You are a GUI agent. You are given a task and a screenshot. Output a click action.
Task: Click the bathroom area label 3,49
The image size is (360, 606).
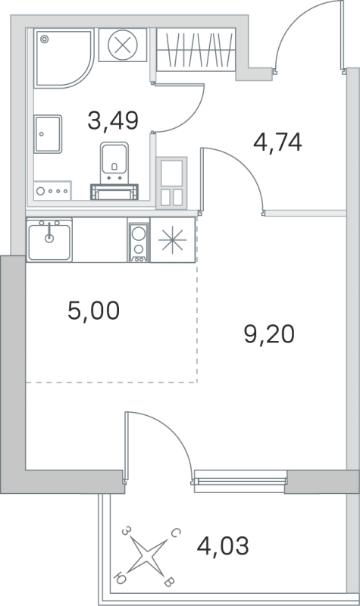[x=116, y=120]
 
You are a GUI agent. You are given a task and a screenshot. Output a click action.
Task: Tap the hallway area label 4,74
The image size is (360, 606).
[x=277, y=142]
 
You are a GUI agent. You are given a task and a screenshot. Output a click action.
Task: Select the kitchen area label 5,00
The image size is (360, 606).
[x=93, y=311]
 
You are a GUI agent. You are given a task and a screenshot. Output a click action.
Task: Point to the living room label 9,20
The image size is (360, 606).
[x=268, y=333]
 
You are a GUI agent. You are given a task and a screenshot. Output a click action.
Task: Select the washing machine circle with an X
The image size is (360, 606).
[x=121, y=45]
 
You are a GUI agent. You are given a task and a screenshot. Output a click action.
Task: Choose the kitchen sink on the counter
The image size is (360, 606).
[x=49, y=240]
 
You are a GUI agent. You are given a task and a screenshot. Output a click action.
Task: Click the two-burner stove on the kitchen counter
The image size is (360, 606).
[x=139, y=241]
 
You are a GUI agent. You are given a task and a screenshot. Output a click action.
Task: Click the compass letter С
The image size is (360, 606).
[x=175, y=534]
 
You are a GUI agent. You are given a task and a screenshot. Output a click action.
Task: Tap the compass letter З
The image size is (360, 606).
[x=127, y=533]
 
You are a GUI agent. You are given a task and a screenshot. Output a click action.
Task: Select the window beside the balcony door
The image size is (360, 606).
[x=239, y=477]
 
